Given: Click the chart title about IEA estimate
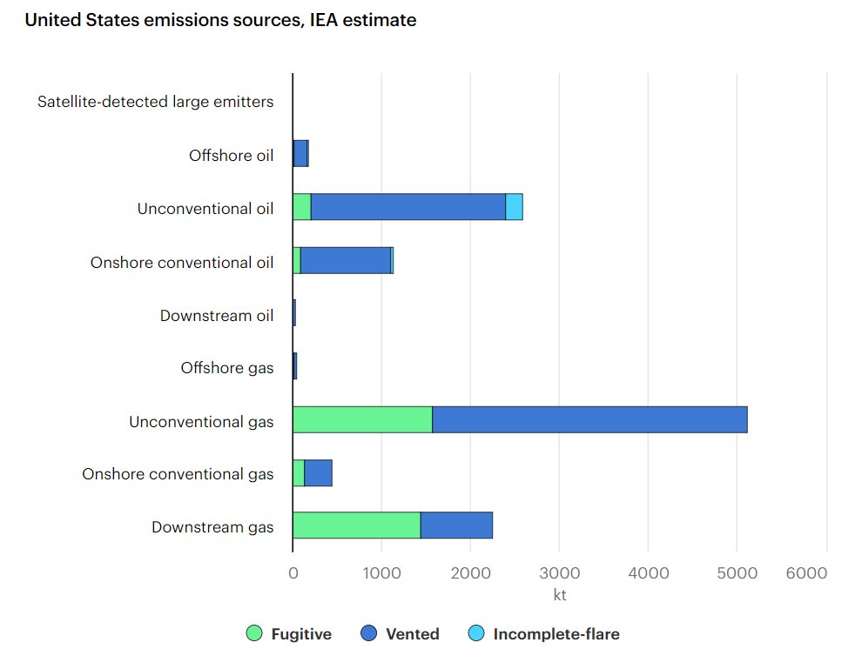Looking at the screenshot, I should [x=220, y=20].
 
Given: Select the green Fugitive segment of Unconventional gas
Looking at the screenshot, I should [x=362, y=419].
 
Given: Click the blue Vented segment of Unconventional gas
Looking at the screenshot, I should [x=589, y=419].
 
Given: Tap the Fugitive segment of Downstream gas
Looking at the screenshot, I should [x=356, y=525].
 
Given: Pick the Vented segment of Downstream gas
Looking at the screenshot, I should [x=456, y=525].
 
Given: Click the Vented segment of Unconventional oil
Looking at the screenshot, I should [x=407, y=207].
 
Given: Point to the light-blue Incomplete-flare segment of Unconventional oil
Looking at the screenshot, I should [x=514, y=207].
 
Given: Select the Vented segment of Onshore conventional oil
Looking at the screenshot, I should [x=346, y=260].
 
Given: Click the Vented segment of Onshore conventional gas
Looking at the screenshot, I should [x=318, y=472].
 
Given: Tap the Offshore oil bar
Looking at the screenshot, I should [x=300, y=154].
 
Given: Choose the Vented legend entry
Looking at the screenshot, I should [x=400, y=634].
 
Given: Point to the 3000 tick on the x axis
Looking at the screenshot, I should [x=559, y=572].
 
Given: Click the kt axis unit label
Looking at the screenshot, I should [x=559, y=595].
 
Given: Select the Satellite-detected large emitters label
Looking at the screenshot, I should [x=155, y=102].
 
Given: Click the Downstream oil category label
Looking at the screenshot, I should [x=216, y=315].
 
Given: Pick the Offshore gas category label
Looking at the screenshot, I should [x=226, y=368].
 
